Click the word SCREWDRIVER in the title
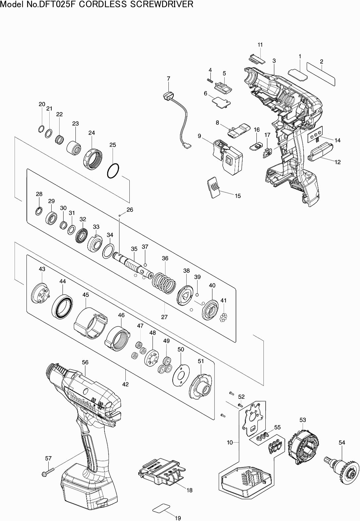point(164,4)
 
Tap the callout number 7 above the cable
point(168,78)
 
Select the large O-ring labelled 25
point(112,171)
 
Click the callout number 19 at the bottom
point(178,518)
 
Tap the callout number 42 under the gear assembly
point(125,384)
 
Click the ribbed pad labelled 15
point(214,187)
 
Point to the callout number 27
point(164,317)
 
